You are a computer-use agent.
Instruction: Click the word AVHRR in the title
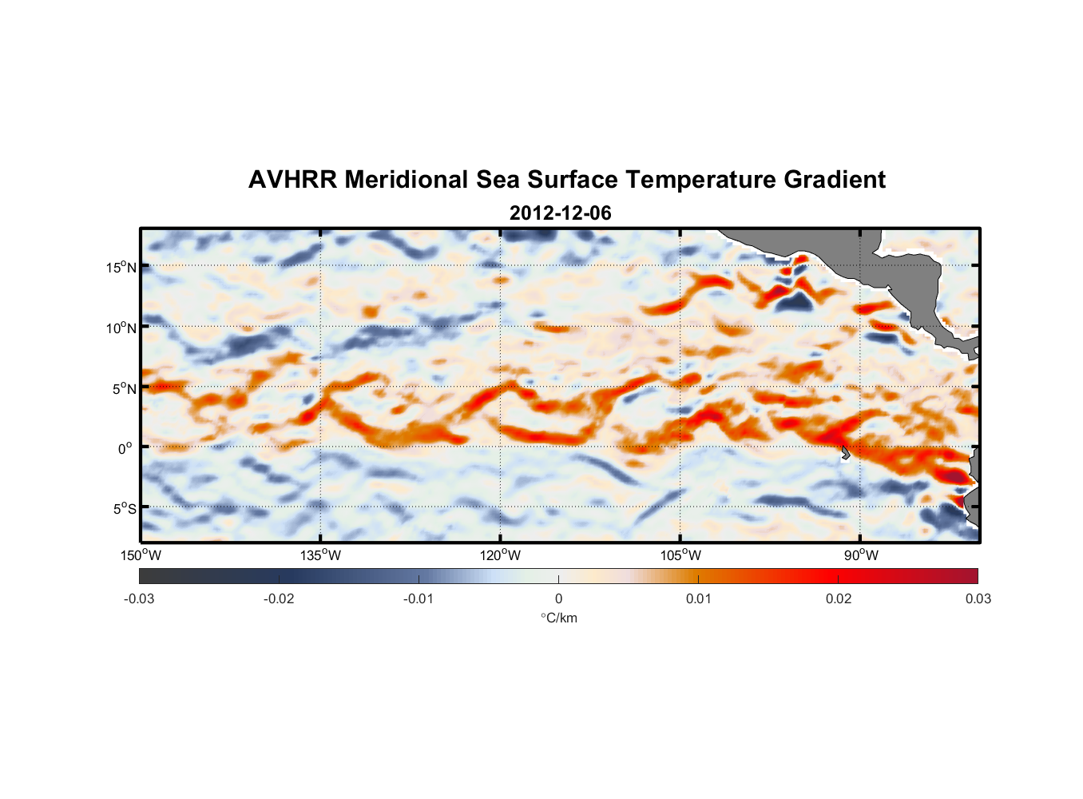coord(292,180)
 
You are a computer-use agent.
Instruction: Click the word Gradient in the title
coord(834,180)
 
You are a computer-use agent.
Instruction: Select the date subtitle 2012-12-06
coord(560,213)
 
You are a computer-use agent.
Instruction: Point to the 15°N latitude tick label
coord(121,267)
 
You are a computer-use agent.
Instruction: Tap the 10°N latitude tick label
coord(121,328)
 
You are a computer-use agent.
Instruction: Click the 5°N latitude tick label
coord(124,388)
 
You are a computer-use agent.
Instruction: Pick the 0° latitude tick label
coord(125,448)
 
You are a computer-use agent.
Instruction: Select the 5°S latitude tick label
coord(124,509)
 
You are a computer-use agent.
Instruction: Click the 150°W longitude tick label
coord(141,555)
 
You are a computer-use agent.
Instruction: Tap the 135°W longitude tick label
coord(320,555)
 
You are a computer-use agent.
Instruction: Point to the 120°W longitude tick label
coord(500,555)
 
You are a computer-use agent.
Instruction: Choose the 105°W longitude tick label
coord(680,555)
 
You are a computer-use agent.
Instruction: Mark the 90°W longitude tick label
coord(861,555)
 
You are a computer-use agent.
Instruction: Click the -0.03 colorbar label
coord(139,598)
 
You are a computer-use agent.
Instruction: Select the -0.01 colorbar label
coord(419,598)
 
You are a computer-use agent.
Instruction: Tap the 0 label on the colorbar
coord(558,598)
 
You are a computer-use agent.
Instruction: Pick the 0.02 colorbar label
coord(839,598)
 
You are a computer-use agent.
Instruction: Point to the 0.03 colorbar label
coord(978,598)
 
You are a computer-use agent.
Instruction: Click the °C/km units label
coord(558,618)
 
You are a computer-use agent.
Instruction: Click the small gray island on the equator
coord(845,453)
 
